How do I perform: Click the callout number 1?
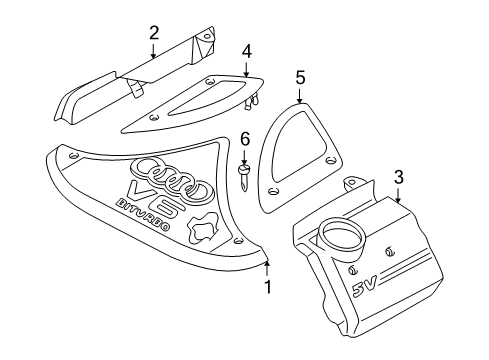click(x=268, y=287)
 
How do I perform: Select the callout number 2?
click(x=154, y=33)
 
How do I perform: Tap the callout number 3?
click(x=399, y=177)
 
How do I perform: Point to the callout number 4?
click(x=247, y=51)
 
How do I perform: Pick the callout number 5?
click(x=300, y=78)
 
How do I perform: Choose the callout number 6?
click(x=245, y=139)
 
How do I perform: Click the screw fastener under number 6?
click(x=244, y=177)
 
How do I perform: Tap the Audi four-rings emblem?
click(x=172, y=179)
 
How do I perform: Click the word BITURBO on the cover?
click(x=143, y=215)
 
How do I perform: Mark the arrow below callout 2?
click(x=153, y=50)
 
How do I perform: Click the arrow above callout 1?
click(x=267, y=269)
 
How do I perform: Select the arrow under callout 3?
click(x=398, y=194)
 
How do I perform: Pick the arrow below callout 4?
click(x=246, y=69)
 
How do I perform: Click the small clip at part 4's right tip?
click(x=252, y=101)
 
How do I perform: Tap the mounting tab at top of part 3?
click(x=352, y=184)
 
